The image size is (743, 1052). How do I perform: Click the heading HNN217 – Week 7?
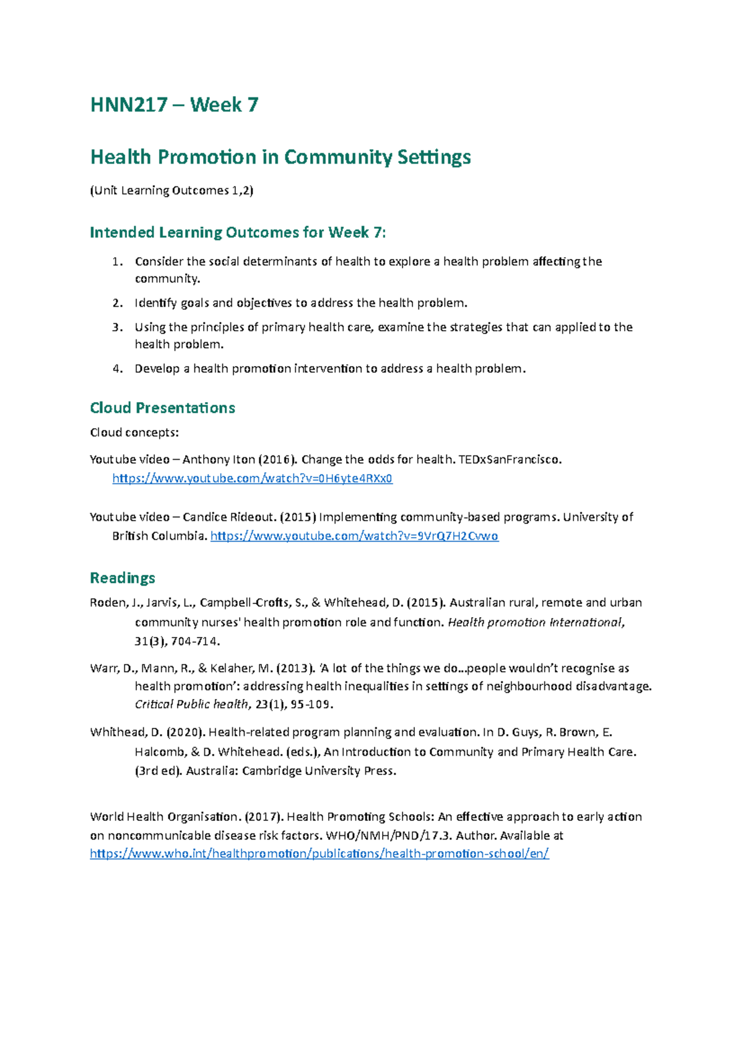174,105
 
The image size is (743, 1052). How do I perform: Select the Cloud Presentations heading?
162,408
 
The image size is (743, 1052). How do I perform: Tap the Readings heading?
123,577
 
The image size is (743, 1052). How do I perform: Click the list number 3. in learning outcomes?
118,327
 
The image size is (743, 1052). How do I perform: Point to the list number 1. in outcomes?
118,261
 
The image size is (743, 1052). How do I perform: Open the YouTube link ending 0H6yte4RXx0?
252,478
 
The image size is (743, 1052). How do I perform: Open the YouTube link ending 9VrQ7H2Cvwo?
354,536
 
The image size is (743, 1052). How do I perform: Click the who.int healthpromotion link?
319,854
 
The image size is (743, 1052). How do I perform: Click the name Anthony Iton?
219,459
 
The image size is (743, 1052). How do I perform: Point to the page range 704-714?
195,641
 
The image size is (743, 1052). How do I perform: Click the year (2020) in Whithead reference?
185,732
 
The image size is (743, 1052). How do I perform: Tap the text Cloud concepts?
134,432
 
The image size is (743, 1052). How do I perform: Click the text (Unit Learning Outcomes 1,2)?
172,191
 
